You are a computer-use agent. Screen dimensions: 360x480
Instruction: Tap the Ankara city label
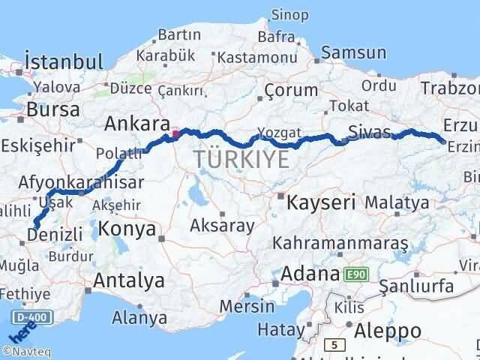[136, 124]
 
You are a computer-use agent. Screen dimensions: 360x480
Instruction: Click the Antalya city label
[129, 281]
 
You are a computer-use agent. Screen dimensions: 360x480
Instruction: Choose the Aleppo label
[388, 331]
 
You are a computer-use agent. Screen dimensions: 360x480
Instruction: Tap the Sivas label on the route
[370, 133]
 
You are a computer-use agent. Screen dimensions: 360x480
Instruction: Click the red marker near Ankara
[175, 134]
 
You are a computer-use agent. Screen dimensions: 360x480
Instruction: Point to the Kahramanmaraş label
[340, 244]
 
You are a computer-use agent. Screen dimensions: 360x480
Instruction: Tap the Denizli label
[54, 235]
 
